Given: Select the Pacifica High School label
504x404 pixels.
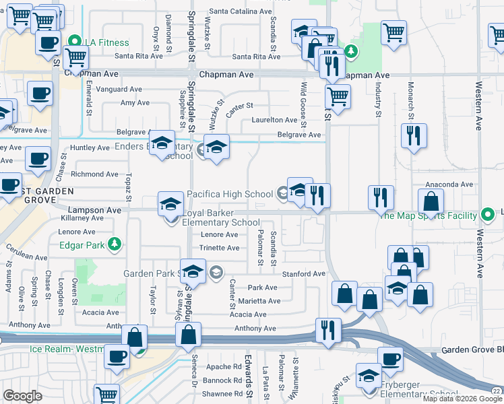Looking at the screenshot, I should (x=230, y=194).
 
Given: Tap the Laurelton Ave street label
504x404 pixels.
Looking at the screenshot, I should (x=274, y=120).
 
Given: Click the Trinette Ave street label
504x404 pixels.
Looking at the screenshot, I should (x=220, y=248).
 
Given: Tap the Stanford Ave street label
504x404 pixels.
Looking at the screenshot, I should (x=303, y=274).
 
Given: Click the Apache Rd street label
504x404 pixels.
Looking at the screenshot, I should (x=223, y=367).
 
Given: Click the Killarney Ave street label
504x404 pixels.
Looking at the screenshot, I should (x=81, y=219).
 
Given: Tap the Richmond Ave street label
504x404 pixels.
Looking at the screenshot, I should (x=90, y=174).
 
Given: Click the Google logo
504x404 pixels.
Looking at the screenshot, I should (x=22, y=396).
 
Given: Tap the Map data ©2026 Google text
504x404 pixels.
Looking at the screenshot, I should (x=455, y=399).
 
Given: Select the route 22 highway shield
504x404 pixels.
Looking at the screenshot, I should (x=496, y=391).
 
